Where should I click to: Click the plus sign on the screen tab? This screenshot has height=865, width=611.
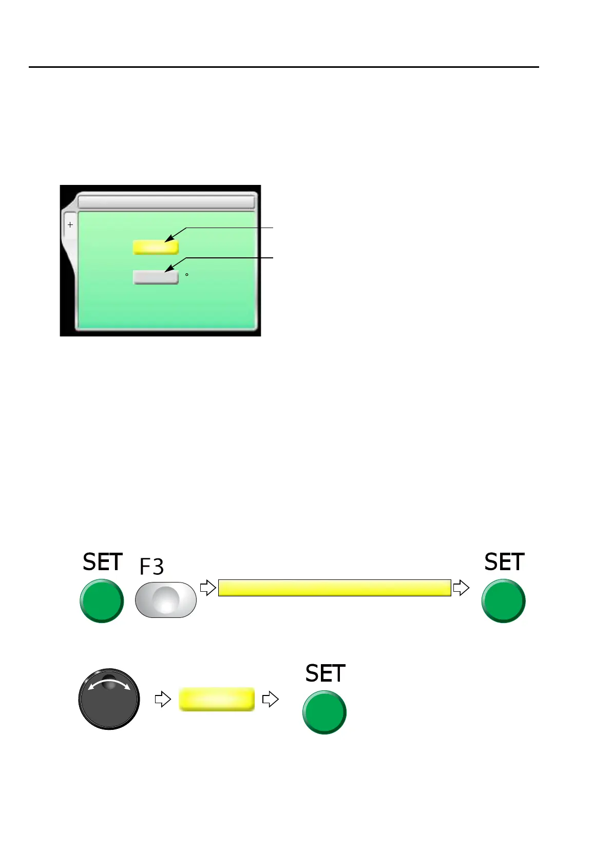70,225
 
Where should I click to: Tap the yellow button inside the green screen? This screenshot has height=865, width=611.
156,248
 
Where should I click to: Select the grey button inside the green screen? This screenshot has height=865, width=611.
156,277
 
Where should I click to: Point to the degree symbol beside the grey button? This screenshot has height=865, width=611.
186,275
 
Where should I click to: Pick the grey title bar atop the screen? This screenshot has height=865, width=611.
166,201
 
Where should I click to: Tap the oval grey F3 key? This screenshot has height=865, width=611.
166,599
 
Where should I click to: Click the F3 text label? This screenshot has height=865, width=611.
151,567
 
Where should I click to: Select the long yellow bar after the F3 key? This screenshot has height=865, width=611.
334,588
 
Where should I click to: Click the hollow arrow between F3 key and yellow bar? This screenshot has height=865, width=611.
207,588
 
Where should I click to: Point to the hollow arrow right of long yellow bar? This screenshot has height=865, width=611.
461,588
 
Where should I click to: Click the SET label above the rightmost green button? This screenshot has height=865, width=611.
504,562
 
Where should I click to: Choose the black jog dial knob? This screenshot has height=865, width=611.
109,699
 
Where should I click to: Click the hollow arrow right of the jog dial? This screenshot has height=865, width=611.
163,699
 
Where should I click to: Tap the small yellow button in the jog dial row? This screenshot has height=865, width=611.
217,699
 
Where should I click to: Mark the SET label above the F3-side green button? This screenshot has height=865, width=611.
103,562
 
